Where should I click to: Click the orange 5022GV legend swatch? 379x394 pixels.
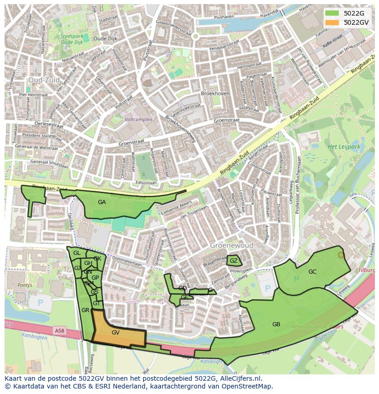[x=332, y=22]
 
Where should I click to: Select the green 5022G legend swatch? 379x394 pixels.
[x=332, y=13]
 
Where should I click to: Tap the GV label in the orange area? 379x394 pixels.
[x=115, y=333]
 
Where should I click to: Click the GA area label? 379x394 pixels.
[x=102, y=202]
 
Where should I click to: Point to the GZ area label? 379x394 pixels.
[x=233, y=261]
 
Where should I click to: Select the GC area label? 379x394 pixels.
[x=312, y=272]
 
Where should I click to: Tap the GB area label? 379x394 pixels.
[x=276, y=324]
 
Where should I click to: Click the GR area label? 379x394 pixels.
[x=85, y=310]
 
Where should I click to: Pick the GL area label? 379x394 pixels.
[x=77, y=253]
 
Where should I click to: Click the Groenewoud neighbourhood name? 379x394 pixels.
[x=232, y=246]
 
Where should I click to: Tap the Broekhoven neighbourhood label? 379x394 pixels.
[x=215, y=93]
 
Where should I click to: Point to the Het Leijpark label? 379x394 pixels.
[x=344, y=147]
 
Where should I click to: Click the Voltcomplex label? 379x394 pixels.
[x=138, y=119]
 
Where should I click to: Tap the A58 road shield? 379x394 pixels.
[x=59, y=330]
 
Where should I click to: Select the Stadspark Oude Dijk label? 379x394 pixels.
[x=72, y=39]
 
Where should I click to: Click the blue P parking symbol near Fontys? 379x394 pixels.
[x=40, y=302]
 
